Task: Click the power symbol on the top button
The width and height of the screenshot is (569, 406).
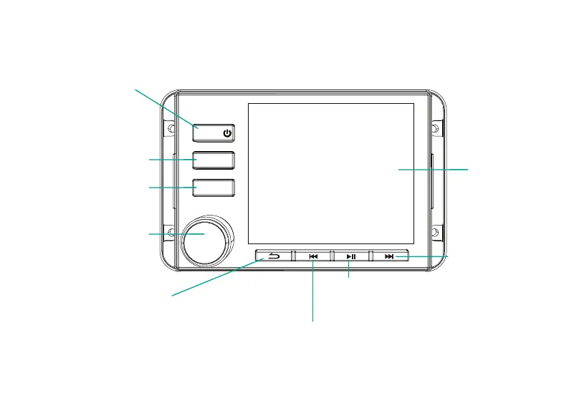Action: pos(227,132)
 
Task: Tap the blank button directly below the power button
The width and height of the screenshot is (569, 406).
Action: pos(214,160)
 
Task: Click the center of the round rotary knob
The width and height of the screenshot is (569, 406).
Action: pos(207,241)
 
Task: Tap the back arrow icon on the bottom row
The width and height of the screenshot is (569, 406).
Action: pos(274,256)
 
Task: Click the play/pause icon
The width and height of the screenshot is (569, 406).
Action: pos(350,256)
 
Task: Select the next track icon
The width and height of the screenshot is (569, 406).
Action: pos(389,256)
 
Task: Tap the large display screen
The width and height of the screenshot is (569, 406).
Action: pos(330,173)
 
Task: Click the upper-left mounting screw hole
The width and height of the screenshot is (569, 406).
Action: pos(171,129)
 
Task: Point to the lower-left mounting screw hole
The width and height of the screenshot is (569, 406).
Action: pos(171,232)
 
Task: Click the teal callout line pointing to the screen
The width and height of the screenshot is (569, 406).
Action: pos(434,169)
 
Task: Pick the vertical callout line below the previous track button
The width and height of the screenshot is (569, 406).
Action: pos(313,294)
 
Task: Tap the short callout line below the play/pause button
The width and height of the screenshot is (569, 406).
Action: pos(348,270)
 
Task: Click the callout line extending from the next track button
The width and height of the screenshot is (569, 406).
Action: pos(423,256)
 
